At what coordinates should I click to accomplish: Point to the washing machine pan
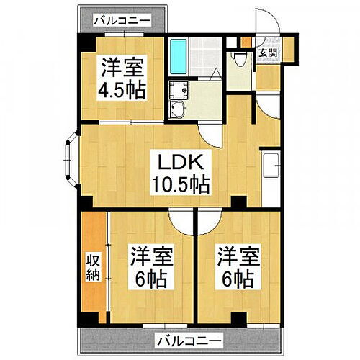point(178,91)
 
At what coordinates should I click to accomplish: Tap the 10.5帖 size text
point(179,185)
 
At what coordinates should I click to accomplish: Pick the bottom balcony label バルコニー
point(189,340)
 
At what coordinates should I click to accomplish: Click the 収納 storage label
point(92,268)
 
